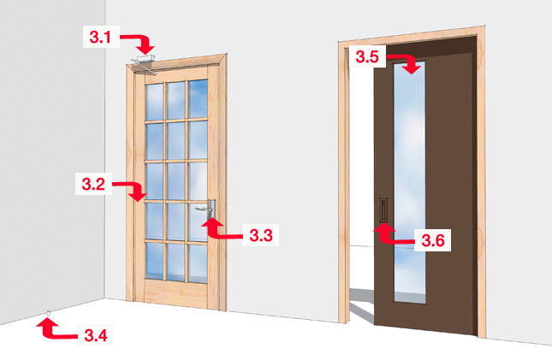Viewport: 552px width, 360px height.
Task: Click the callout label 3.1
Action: point(100,37)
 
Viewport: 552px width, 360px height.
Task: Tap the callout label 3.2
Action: point(93,184)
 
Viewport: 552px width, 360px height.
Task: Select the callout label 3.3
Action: point(261,235)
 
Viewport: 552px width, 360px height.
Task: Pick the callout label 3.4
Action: point(96,335)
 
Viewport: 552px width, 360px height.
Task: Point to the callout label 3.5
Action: point(367,56)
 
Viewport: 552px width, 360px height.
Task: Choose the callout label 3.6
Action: point(433,240)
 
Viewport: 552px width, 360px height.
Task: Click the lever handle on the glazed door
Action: point(206,209)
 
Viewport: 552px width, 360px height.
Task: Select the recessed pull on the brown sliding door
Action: point(383,210)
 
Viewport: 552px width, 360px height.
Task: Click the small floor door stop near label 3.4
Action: point(49,312)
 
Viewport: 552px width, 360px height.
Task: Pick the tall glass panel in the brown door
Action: point(409,182)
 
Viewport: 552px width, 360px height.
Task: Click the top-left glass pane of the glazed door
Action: point(155,102)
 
